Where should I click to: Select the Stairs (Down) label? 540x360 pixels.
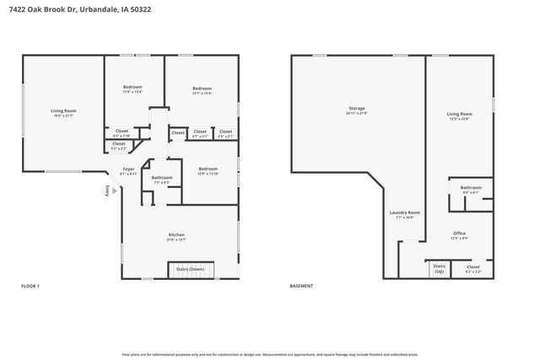190,269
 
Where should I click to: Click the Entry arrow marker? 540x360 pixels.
115,191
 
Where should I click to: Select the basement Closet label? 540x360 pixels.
472,269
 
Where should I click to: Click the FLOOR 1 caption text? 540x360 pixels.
30,287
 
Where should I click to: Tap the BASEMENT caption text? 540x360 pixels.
301,287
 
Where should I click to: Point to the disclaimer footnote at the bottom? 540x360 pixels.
269,354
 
